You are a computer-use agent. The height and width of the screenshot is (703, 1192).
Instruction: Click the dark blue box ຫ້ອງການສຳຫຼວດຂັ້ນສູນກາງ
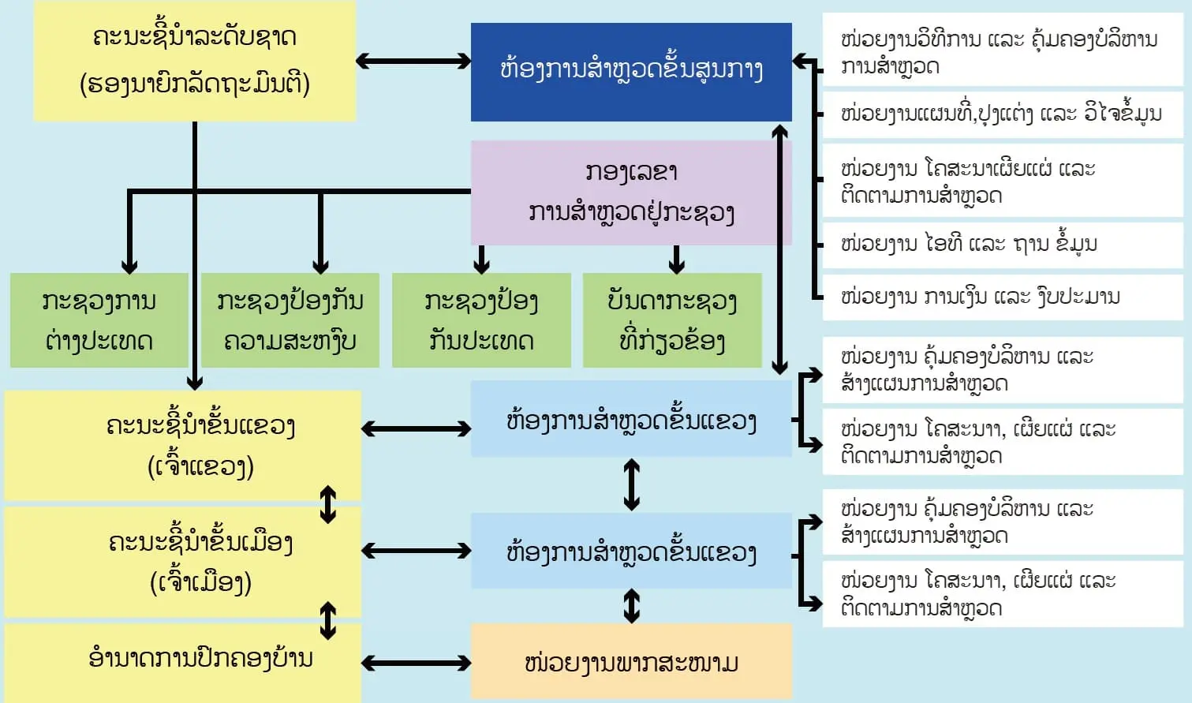631,71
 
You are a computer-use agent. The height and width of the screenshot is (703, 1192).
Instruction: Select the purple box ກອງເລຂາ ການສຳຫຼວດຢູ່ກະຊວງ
631,193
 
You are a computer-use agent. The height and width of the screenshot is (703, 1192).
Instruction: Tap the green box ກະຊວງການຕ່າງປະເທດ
99,320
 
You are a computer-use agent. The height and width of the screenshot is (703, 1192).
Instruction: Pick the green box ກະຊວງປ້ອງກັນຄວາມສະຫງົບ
290,320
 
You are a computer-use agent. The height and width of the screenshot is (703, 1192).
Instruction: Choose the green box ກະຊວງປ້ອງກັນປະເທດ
481,320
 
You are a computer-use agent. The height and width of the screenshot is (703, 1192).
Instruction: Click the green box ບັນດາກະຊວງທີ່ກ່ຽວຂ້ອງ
672,320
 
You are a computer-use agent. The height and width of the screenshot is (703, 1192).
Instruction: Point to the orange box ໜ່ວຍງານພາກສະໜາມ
631,662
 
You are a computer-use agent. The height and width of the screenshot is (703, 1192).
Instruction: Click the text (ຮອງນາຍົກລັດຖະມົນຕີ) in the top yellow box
195,84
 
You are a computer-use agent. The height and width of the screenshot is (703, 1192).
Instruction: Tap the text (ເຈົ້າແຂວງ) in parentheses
201,467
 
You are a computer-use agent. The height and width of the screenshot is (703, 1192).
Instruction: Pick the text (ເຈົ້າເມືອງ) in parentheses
201,583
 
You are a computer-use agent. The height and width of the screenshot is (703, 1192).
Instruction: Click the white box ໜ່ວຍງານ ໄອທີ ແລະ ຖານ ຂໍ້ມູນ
1002,244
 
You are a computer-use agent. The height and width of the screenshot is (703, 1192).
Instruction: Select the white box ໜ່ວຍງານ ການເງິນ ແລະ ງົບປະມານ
1002,297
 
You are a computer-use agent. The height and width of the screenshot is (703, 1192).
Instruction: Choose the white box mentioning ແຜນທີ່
1002,114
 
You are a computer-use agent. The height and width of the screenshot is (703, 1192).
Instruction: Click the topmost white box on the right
1002,52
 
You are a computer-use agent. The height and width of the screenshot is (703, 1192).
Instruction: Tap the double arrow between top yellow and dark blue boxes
413,61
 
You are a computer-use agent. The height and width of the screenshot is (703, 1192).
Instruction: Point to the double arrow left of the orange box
416,664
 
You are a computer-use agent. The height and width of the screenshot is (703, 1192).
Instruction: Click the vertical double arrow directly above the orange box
631,606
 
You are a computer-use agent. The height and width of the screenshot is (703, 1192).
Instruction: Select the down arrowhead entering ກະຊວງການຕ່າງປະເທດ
130,265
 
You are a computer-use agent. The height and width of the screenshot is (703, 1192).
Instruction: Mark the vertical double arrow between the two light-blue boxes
631,484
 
